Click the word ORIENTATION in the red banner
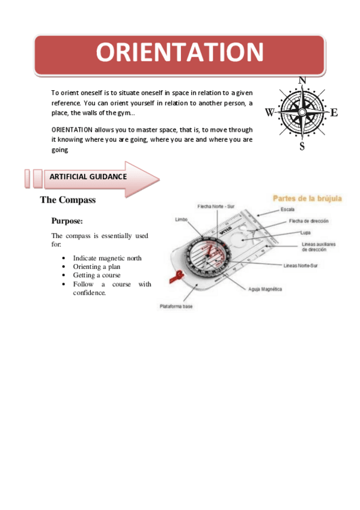[180, 53]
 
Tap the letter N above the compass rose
[302, 81]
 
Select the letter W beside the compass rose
[269, 112]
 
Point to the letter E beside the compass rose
[334, 112]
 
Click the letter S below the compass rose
[302, 146]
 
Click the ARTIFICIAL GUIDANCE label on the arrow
[88, 177]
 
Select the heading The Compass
[68, 200]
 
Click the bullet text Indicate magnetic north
[107, 258]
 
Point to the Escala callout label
[287, 209]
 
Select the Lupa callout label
[305, 232]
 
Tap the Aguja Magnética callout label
[265, 289]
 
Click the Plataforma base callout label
[176, 306]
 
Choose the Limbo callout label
[181, 220]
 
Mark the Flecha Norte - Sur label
[215, 206]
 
